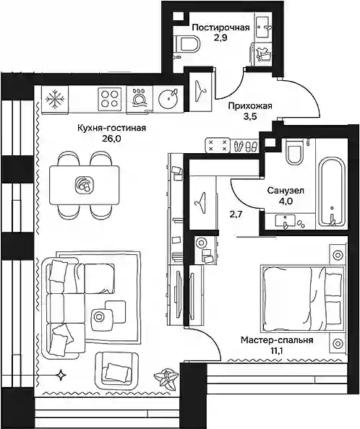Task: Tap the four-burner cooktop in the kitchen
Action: click(110, 99)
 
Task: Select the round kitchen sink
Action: click(168, 99)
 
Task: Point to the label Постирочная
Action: click(220, 27)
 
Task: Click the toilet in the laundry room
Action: click(187, 44)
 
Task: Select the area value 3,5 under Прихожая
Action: click(250, 117)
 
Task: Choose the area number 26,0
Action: click(111, 139)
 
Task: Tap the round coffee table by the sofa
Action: click(99, 316)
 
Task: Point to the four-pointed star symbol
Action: click(60, 375)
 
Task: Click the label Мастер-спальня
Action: click(277, 340)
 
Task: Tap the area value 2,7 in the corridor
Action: click(236, 214)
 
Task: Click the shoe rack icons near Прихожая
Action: click(246, 146)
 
